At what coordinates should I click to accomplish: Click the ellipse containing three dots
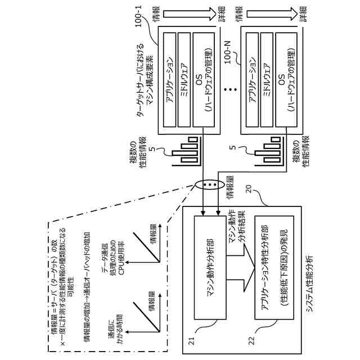point(209,186)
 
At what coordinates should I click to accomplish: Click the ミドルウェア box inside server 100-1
point(184,81)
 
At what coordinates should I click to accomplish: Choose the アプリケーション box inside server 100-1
point(169,81)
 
